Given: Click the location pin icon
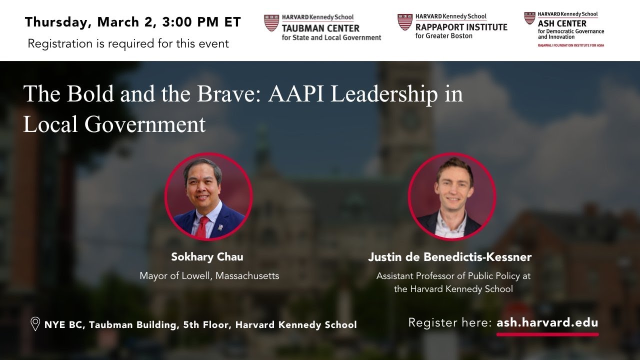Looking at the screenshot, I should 35,324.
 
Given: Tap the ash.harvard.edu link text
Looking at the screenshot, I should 547,322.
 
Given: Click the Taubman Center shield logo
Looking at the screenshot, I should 271,23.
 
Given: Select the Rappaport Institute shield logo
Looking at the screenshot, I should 404,22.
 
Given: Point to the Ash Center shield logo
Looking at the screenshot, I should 529,19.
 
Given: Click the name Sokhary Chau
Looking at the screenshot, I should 207,257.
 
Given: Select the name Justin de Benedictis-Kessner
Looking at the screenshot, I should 449,257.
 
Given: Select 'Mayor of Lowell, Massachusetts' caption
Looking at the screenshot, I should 209,275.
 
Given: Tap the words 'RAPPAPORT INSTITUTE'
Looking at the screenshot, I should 461,27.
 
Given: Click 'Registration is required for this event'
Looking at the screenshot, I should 128,43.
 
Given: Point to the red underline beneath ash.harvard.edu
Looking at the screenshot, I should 547,334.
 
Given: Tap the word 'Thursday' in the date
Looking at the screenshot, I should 55,22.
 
